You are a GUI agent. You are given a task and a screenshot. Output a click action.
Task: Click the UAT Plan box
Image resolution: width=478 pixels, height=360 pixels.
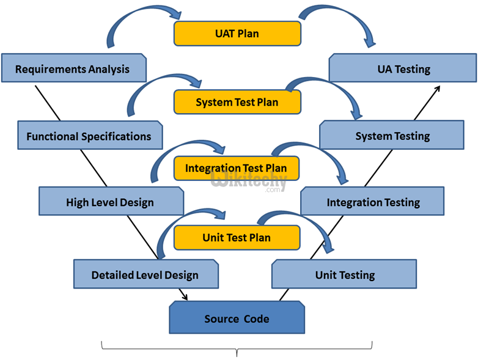click(237, 34)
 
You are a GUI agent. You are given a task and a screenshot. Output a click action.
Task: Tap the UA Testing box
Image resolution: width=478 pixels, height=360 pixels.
click(403, 68)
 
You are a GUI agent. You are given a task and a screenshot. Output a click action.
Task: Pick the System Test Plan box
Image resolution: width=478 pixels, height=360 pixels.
click(237, 102)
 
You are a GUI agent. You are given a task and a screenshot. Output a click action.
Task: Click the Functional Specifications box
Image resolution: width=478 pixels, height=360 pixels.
click(89, 136)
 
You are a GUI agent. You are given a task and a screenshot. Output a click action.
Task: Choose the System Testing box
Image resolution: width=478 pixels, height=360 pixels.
click(392, 135)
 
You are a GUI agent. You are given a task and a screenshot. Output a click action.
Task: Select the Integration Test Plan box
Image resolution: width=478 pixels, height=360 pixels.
click(236, 168)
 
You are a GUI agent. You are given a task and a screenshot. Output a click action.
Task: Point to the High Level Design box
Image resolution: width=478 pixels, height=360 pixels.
click(110, 202)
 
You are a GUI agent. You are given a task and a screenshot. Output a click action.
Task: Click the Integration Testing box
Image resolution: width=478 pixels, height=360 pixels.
click(372, 202)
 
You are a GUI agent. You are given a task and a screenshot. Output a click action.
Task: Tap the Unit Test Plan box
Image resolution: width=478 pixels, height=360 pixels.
click(237, 238)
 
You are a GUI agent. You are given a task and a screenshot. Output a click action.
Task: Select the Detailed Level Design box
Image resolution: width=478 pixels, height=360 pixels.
click(145, 274)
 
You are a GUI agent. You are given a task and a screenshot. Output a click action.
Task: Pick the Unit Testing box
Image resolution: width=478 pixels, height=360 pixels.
click(344, 274)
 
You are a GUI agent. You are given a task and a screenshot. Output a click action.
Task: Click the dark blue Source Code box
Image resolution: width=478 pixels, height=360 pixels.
click(237, 318)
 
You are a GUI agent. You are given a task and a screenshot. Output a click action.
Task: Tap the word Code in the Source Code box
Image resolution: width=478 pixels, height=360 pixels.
click(256, 318)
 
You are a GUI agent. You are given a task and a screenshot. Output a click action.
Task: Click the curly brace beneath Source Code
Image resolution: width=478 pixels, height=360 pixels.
click(237, 350)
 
